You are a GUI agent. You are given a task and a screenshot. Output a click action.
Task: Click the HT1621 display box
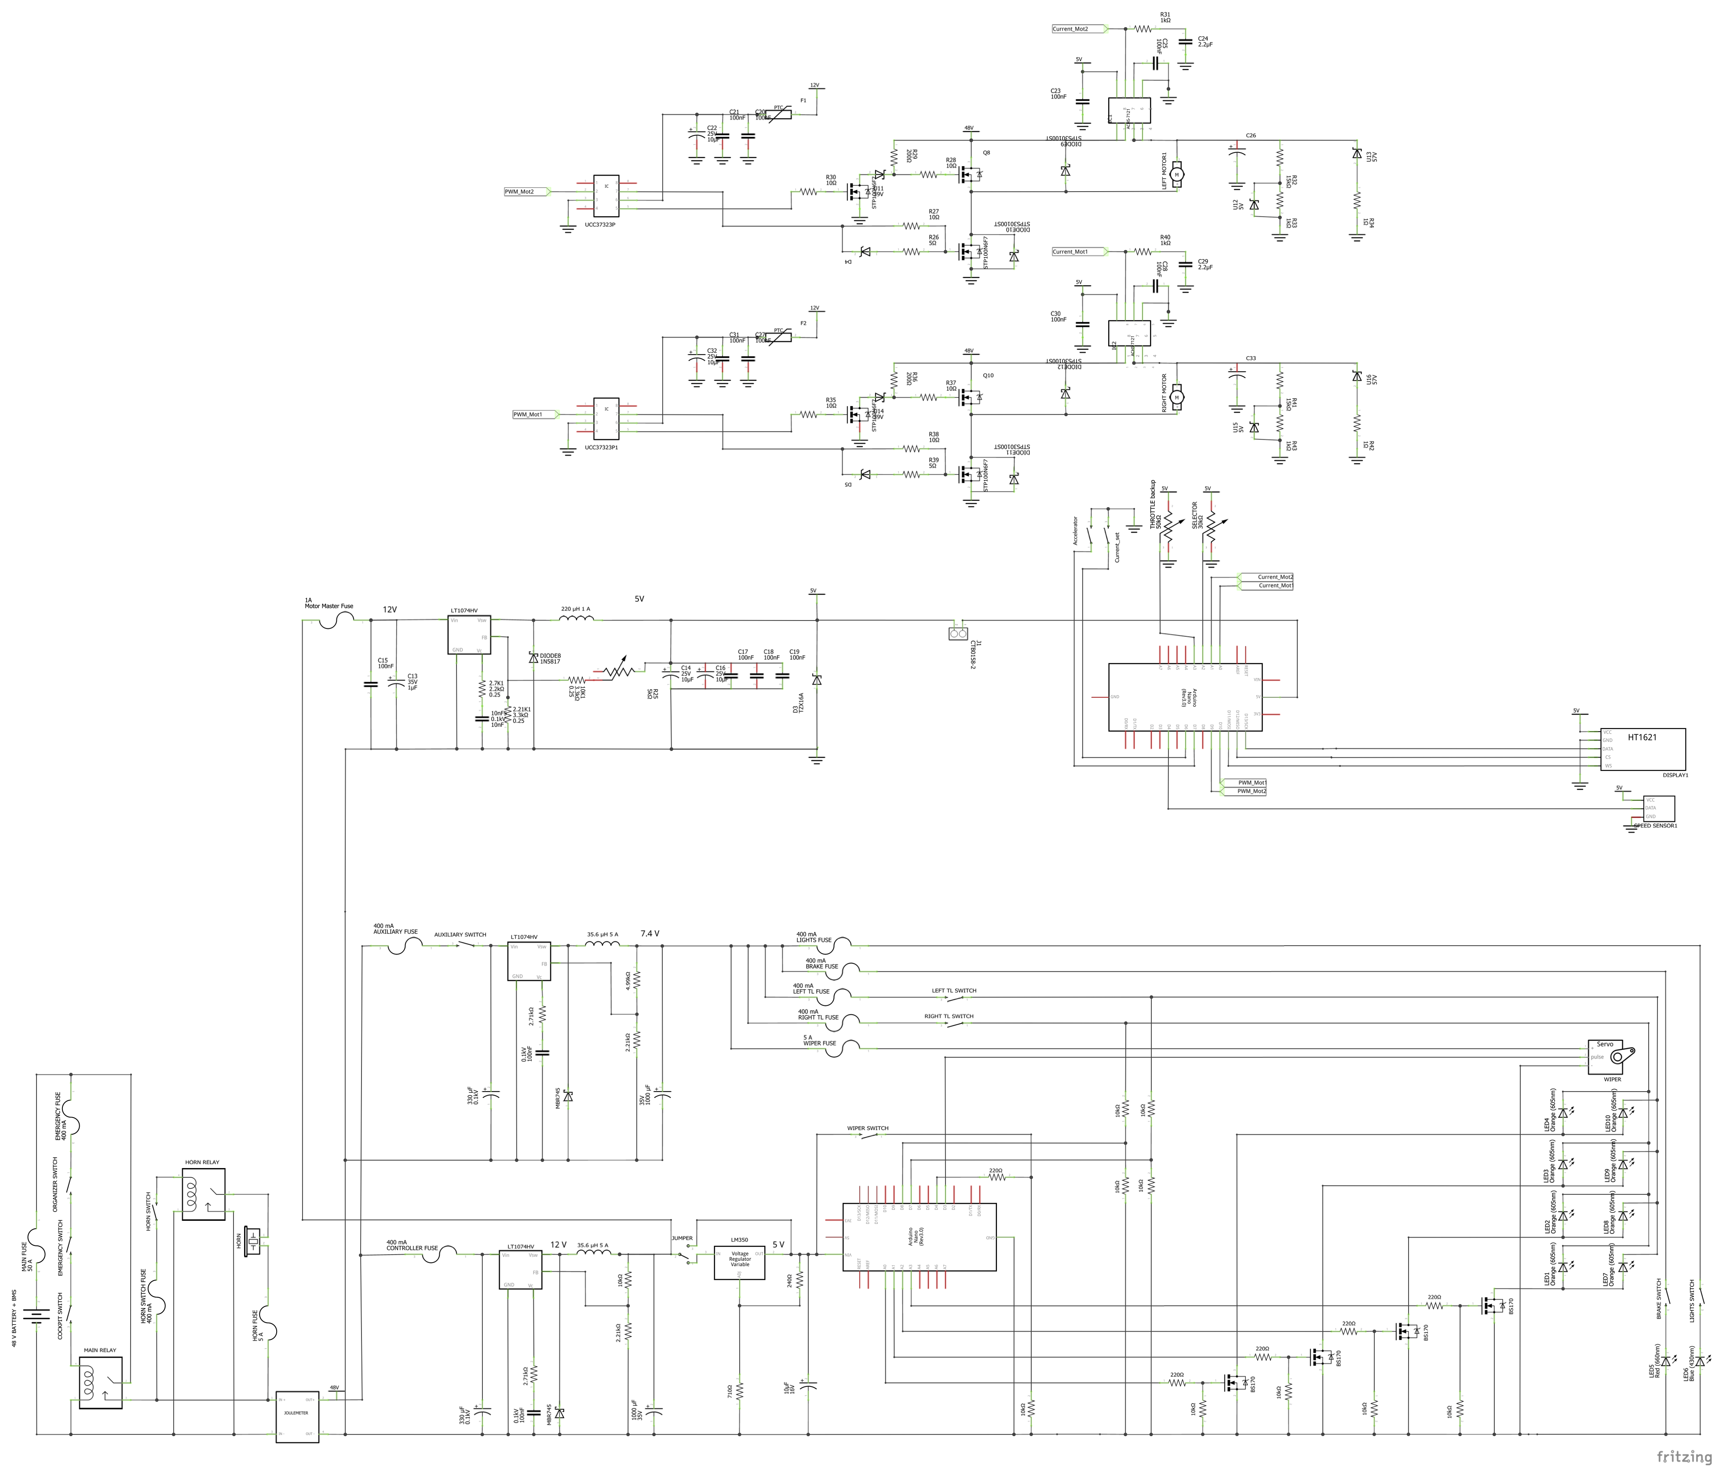pyautogui.click(x=1643, y=750)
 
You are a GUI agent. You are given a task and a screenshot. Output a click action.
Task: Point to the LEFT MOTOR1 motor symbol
pyautogui.click(x=1177, y=174)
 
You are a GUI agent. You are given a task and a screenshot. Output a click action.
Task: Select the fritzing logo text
pyautogui.click(x=1684, y=1457)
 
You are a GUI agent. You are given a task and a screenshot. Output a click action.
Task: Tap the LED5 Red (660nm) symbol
pyautogui.click(x=1666, y=1361)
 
